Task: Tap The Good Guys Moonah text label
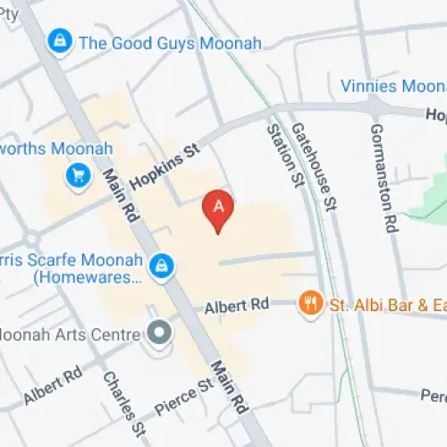tap(170, 42)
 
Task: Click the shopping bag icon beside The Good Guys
tap(60, 41)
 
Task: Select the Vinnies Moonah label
tap(393, 86)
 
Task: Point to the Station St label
tap(283, 156)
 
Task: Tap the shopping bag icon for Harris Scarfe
tap(162, 266)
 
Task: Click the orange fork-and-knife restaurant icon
tap(310, 304)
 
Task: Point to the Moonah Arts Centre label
tap(72, 334)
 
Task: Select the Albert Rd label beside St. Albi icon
tap(236, 306)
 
